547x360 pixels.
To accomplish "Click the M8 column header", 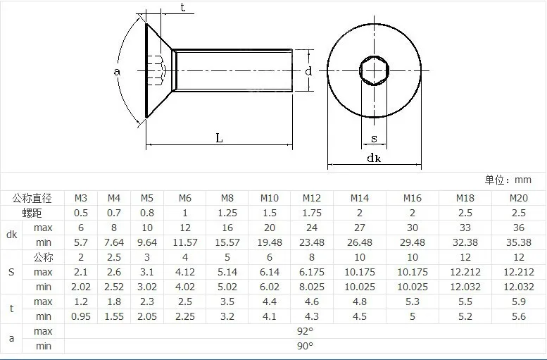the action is click(227, 199).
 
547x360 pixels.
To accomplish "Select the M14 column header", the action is click(360, 199).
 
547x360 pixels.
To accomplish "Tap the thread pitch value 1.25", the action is click(227, 213).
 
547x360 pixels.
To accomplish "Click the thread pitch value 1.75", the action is click(312, 213).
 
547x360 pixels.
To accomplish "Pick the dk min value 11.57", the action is click(185, 242).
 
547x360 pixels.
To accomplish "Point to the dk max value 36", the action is click(518, 228).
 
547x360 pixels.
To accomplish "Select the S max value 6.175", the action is click(312, 272).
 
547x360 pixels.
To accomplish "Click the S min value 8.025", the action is click(312, 287).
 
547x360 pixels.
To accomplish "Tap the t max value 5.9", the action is click(518, 302).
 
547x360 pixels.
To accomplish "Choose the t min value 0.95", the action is click(80, 316).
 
